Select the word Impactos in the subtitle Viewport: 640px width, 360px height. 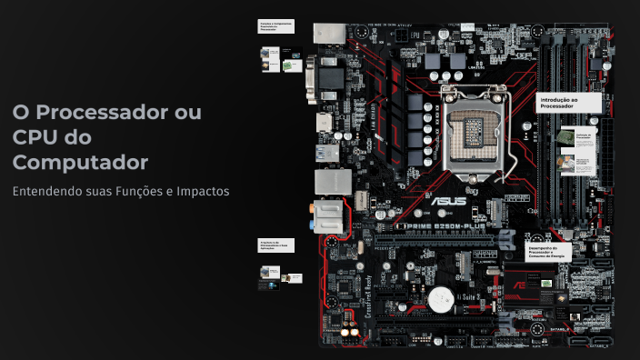(205, 192)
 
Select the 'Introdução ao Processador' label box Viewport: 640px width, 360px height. (568, 102)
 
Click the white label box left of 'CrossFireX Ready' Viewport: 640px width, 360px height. (275, 245)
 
